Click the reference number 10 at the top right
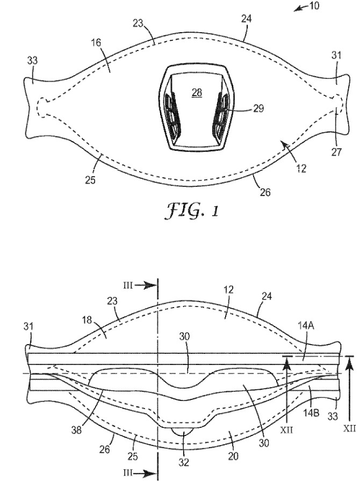pos(313,6)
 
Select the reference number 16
pos(96,42)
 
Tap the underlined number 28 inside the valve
pos(197,92)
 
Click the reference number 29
pos(258,108)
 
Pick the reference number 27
pos(336,151)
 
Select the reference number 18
pos(87,320)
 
